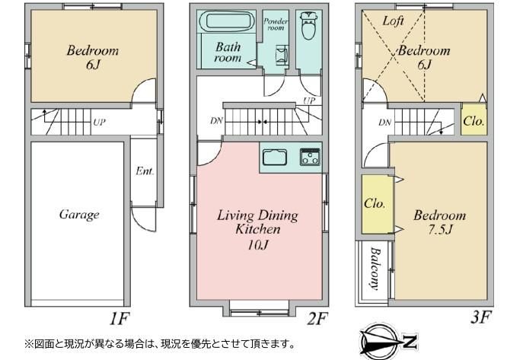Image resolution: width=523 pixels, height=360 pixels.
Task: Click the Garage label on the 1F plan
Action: tap(79, 215)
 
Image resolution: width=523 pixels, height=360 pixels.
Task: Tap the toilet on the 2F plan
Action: tap(309, 26)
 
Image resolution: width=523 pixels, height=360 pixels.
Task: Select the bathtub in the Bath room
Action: tap(226, 21)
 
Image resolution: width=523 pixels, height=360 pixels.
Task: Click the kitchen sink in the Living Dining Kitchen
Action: tap(275, 158)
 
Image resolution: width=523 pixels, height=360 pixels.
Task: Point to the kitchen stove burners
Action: tap(310, 157)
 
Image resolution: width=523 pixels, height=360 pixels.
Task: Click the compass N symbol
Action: tap(410, 342)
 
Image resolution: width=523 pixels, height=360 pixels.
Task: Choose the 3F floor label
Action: tap(480, 317)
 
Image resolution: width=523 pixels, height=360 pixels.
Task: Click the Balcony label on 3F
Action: tap(375, 269)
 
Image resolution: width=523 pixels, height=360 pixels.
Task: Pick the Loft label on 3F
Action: tap(393, 21)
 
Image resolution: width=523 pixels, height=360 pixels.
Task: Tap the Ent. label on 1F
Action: tap(145, 171)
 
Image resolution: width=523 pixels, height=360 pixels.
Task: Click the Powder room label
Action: tap(276, 24)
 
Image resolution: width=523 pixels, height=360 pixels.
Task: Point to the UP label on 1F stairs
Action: tap(99, 123)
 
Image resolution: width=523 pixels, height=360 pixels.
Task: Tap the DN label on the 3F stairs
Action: tap(384, 123)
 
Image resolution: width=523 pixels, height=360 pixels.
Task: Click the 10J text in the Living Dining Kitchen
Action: tap(258, 245)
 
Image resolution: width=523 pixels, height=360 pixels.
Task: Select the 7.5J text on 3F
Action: tap(440, 229)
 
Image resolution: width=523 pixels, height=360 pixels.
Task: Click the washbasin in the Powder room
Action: tap(282, 55)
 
